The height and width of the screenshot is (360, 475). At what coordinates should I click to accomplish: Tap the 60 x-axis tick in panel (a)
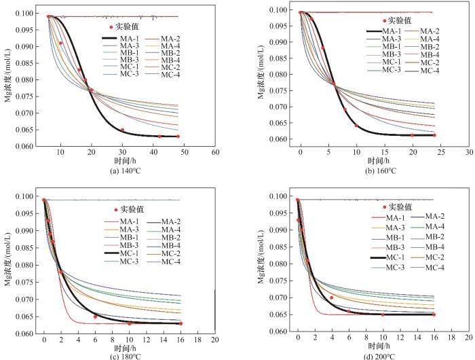click(215, 154)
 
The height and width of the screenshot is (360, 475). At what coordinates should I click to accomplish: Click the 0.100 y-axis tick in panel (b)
click(275, 10)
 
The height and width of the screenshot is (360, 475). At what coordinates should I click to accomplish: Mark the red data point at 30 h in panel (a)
click(122, 130)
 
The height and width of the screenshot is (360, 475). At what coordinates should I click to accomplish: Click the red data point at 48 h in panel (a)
click(178, 137)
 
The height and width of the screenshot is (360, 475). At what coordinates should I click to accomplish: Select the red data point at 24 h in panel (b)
click(435, 134)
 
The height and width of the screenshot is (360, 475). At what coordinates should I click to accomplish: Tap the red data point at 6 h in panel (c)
click(95, 317)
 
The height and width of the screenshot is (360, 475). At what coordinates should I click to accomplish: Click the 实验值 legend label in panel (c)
click(131, 209)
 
